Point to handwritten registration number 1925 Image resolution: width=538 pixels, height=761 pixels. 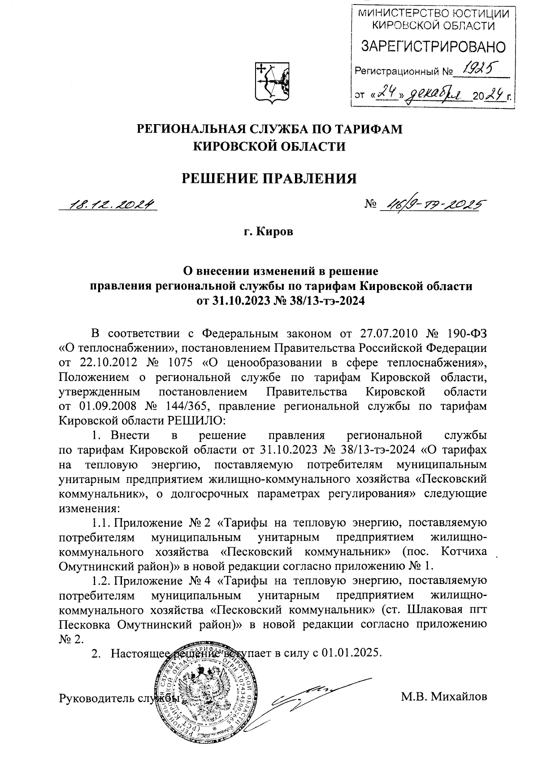coord(478,69)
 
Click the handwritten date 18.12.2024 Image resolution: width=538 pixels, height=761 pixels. coord(109,204)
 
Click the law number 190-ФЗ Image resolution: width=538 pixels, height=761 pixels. coord(466,333)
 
